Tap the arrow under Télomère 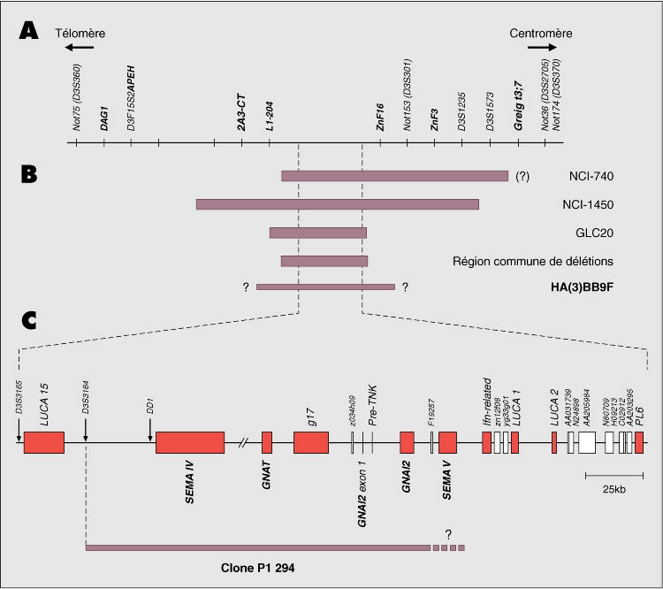click(x=79, y=47)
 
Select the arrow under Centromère click(x=542, y=47)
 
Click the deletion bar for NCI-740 click(x=394, y=176)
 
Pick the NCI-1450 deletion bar click(x=338, y=204)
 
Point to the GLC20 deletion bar click(x=317, y=233)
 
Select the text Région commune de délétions click(x=533, y=261)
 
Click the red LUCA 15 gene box click(x=44, y=443)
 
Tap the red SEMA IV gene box click(x=189, y=443)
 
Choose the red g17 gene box click(x=311, y=443)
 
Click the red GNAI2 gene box click(x=407, y=443)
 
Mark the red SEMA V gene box click(x=447, y=443)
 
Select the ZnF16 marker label click(x=380, y=116)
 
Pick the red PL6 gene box click(x=639, y=443)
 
